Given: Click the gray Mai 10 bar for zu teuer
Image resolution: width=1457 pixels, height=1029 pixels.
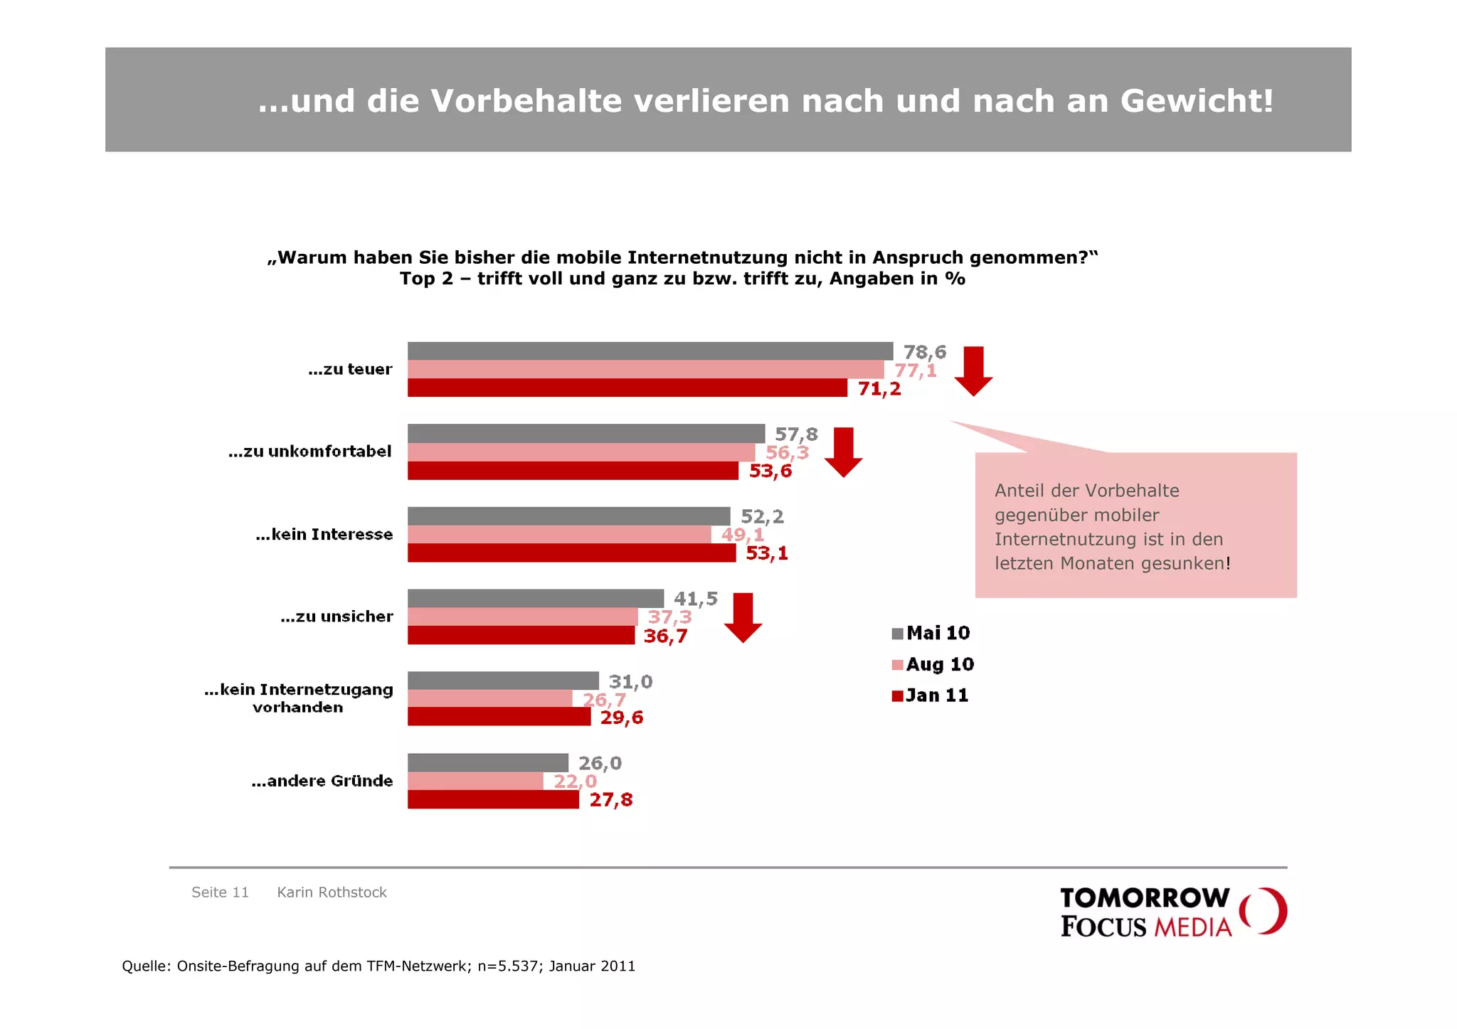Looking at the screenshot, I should click(650, 351).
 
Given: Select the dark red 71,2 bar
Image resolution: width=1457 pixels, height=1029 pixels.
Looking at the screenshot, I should click(627, 388).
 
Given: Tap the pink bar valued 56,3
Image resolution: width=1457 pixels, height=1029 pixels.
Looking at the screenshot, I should click(581, 452).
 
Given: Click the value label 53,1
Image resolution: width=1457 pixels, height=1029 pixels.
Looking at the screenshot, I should click(766, 553).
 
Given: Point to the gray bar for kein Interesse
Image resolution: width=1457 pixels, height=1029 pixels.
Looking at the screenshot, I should click(568, 516).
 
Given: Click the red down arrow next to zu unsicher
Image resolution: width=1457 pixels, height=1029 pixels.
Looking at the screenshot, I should click(743, 617).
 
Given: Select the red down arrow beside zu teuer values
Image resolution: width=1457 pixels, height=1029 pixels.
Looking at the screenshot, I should click(973, 370).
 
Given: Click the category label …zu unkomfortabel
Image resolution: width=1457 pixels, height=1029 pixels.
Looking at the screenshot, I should click(309, 452).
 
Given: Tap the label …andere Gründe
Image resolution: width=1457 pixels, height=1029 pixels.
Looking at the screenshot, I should click(322, 781).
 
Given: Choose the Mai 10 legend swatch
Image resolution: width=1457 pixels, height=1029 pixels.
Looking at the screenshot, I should click(897, 634).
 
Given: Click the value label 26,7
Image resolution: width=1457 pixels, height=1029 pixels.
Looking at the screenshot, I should click(604, 700).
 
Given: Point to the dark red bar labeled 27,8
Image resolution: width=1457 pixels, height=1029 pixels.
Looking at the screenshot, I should click(493, 799).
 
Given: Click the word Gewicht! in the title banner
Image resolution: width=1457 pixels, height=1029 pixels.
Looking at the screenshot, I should click(1197, 101).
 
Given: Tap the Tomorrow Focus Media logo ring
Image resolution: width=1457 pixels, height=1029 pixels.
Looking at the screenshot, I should click(1263, 910).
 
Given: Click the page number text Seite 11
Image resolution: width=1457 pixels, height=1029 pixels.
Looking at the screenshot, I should click(220, 892).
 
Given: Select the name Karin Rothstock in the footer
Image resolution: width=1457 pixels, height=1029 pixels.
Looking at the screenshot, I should click(332, 892).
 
